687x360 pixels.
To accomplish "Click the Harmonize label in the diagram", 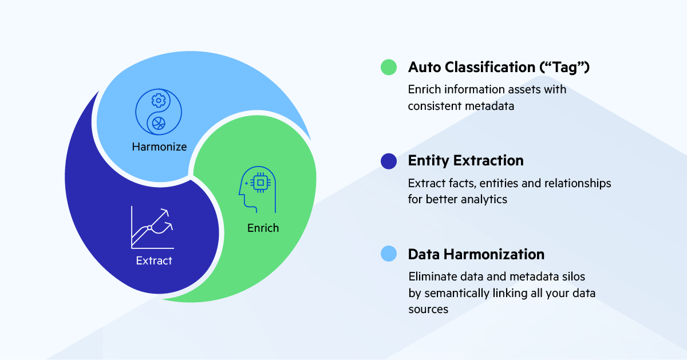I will coord(159,147).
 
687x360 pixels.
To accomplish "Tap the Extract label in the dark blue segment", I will coord(154,261).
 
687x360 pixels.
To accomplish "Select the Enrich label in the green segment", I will coord(263,228).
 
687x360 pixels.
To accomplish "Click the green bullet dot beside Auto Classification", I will coord(389,67).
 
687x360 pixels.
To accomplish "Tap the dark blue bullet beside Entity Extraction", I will coord(389,161).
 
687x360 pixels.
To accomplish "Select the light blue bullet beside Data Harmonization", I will coord(389,254).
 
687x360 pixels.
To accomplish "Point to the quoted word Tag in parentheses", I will coord(565,67).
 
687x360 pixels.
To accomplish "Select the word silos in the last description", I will coord(572,276).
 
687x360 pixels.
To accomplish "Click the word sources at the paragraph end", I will coord(428,309).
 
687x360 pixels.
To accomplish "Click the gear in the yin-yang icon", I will coord(157,101).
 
